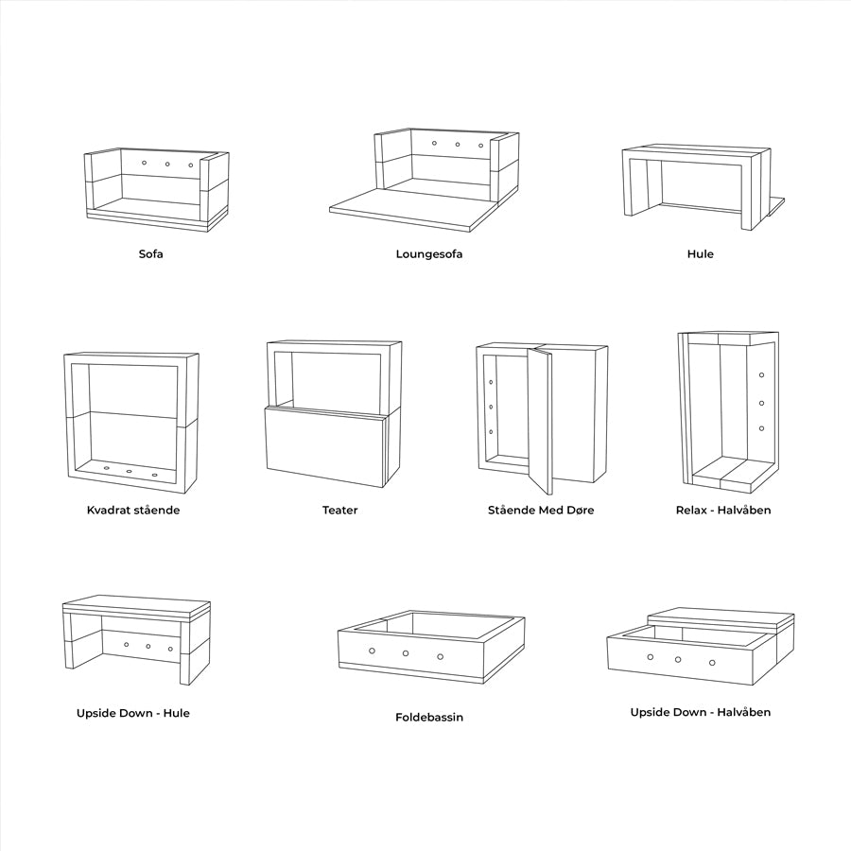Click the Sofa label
tap(150, 254)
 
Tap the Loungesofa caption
tap(429, 254)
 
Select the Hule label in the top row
tap(701, 254)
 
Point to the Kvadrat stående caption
tap(133, 511)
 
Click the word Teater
tap(339, 511)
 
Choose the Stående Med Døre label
tap(541, 511)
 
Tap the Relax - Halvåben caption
tap(723, 511)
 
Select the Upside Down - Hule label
tap(133, 713)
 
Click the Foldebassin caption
tap(429, 718)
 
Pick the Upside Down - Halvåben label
tap(701, 712)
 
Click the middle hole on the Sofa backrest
tap(167, 165)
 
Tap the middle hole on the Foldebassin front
tap(406, 653)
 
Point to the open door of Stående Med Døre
tap(540, 421)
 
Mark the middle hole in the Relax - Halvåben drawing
tap(761, 403)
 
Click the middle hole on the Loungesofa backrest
tap(458, 145)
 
